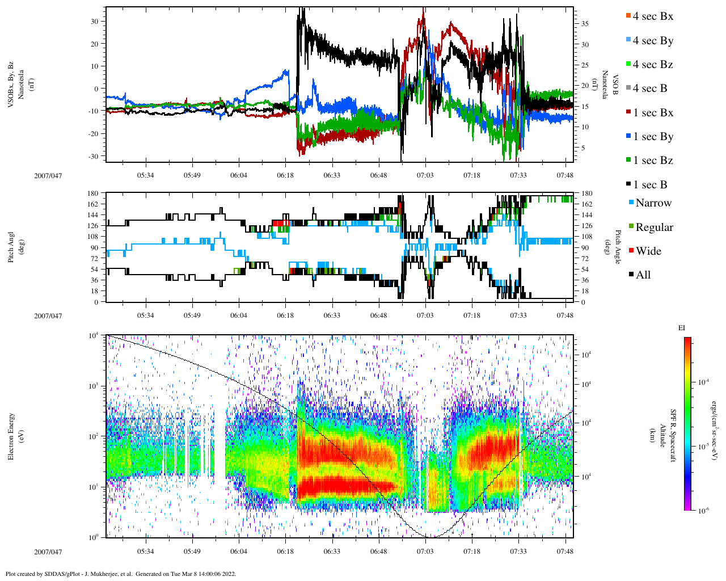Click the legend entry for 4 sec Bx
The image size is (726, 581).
pyautogui.click(x=652, y=16)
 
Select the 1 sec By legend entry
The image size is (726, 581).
pyautogui.click(x=653, y=137)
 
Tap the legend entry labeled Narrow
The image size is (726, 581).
pyautogui.click(x=653, y=203)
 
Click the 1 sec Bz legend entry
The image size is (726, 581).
pyautogui.click(x=653, y=161)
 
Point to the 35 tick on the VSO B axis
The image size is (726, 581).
pyautogui.click(x=584, y=24)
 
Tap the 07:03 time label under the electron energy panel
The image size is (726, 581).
pyautogui.click(x=425, y=551)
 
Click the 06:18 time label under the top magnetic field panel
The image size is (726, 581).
pyautogui.click(x=285, y=175)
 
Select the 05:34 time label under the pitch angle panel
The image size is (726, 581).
pyautogui.click(x=146, y=316)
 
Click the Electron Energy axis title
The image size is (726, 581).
pyautogui.click(x=11, y=436)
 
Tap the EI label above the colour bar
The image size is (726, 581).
pyautogui.click(x=682, y=328)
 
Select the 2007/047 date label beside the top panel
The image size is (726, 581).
pyautogui.click(x=48, y=175)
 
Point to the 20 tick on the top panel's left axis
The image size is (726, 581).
pyautogui.click(x=94, y=44)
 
